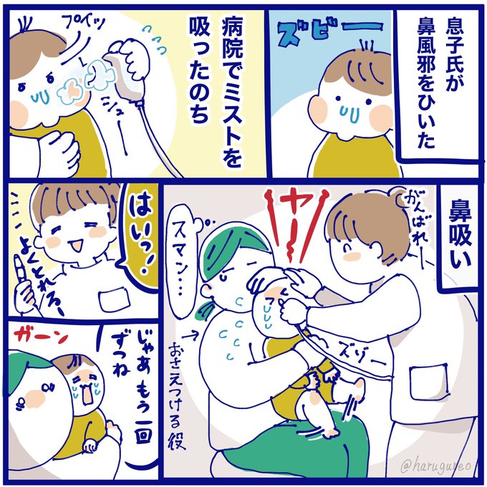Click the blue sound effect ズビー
(329, 32)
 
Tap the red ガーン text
(39, 335)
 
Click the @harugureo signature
(435, 466)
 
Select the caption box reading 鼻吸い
(459, 238)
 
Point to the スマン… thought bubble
(181, 267)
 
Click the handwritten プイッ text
(83, 24)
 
